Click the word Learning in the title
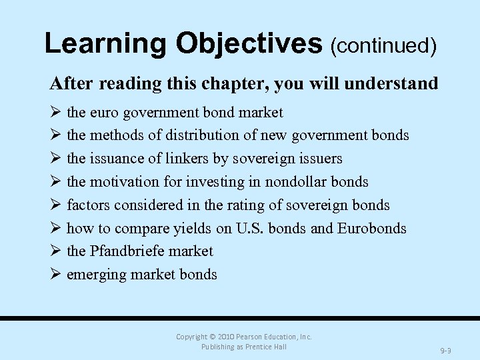105,43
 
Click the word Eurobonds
371,229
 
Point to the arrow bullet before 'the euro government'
56,113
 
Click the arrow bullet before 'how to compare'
56,229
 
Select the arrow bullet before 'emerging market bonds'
56,275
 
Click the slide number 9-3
445,350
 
